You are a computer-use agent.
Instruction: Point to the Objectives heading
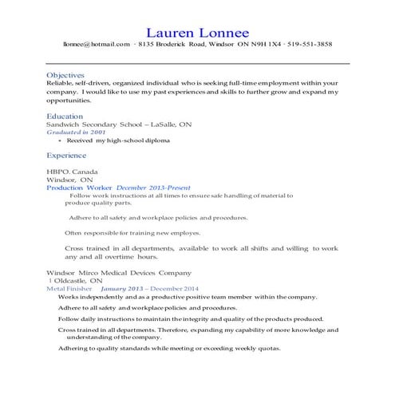click(66, 75)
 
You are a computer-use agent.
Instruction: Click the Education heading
click(65, 116)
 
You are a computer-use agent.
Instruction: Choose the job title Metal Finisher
click(68, 289)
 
